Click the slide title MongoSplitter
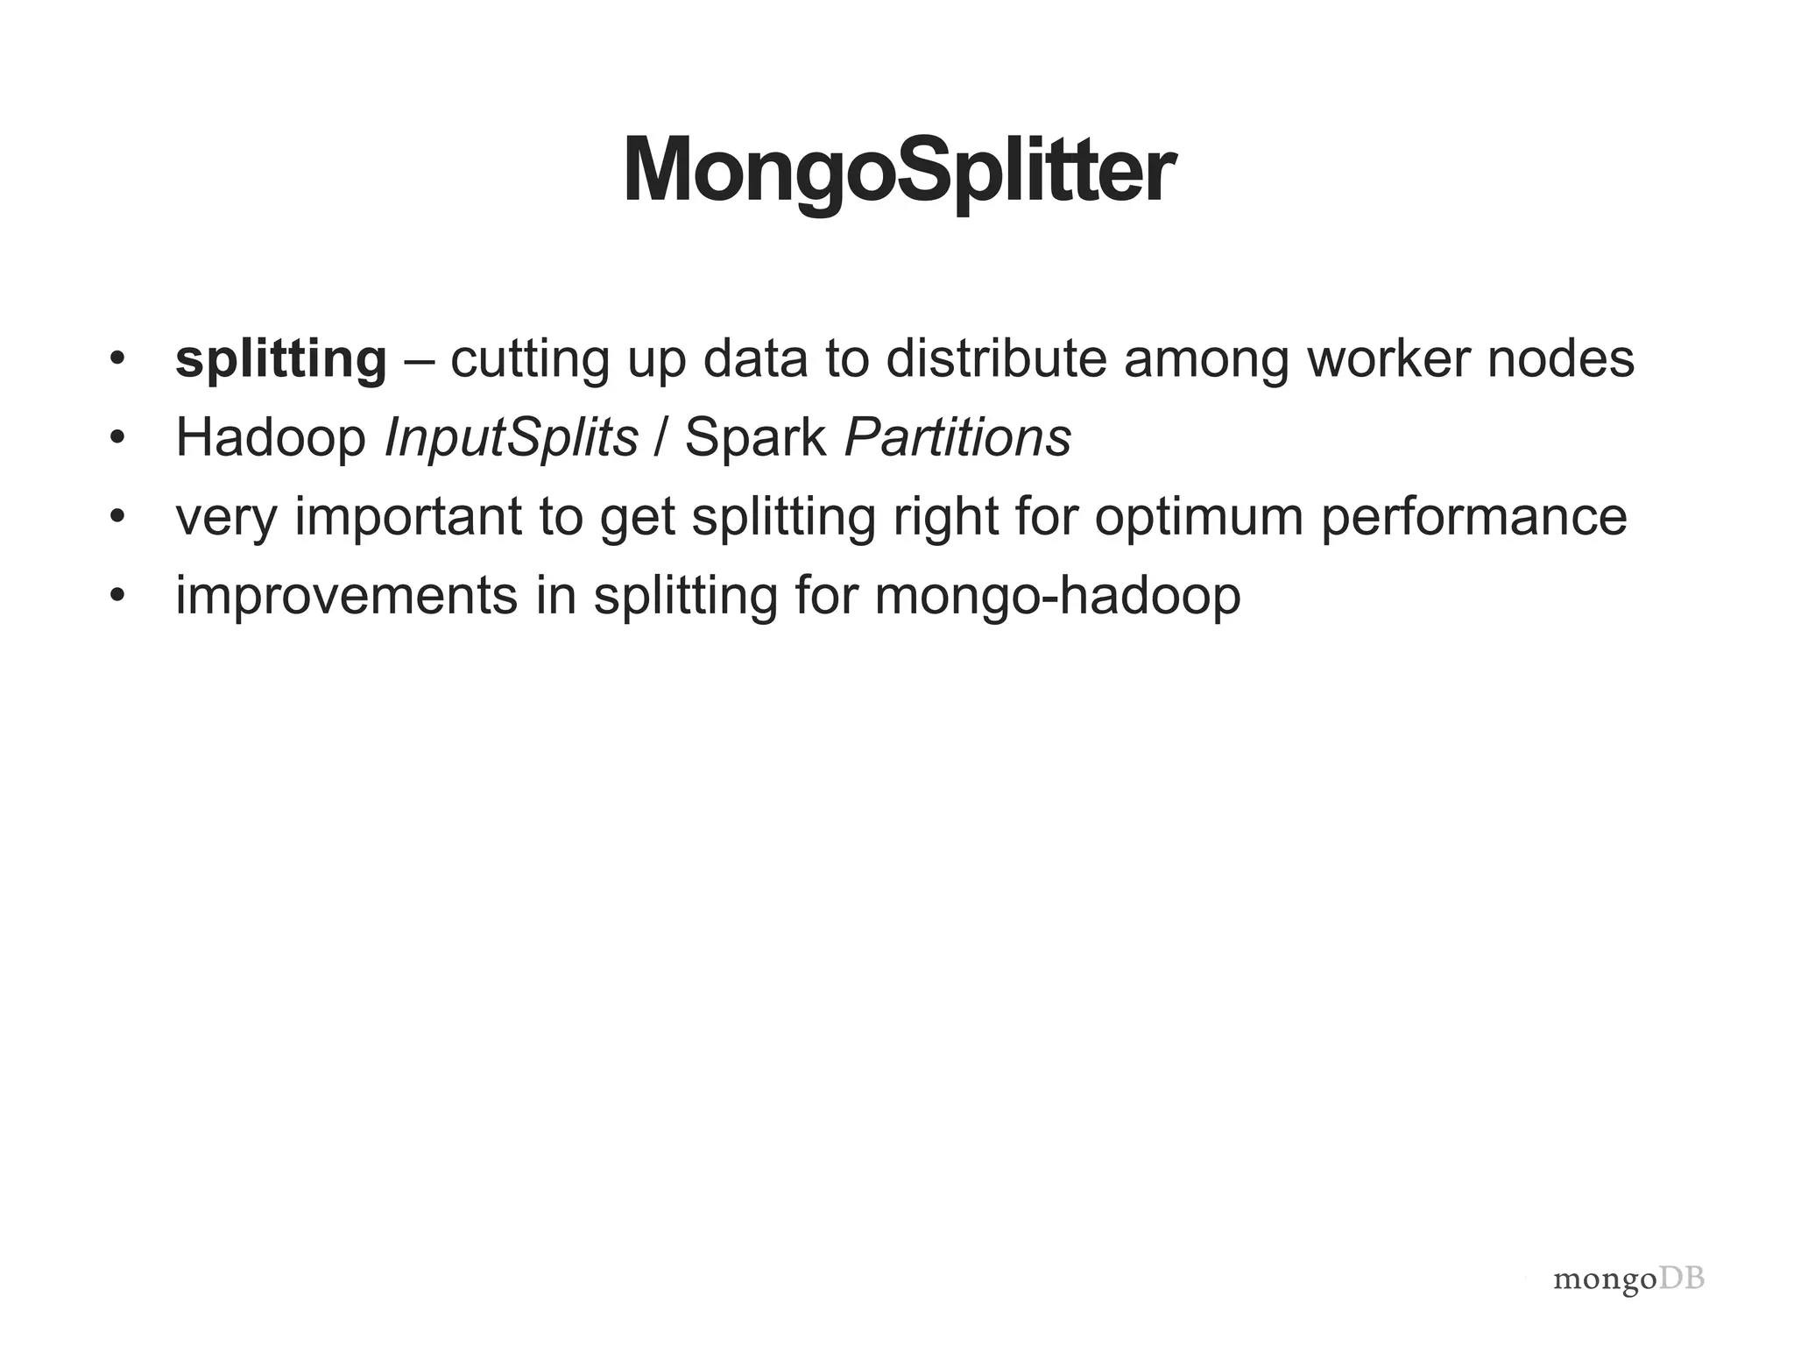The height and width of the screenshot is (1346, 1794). [898, 170]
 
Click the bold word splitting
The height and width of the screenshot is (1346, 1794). [280, 359]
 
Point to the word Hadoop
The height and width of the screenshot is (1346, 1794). [271, 438]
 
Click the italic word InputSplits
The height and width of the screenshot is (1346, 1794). [511, 438]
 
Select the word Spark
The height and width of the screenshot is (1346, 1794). [755, 438]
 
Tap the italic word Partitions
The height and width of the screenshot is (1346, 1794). [957, 438]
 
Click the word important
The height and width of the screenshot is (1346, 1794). [407, 517]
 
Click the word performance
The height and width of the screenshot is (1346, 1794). [1473, 517]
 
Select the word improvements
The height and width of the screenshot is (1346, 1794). [347, 596]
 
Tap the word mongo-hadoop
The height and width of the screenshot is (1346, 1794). [1057, 596]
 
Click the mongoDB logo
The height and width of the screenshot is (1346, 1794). [1628, 1279]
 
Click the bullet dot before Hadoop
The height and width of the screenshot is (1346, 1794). [118, 438]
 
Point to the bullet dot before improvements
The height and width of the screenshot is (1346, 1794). [118, 596]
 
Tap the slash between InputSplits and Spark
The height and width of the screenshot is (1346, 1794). [661, 438]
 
